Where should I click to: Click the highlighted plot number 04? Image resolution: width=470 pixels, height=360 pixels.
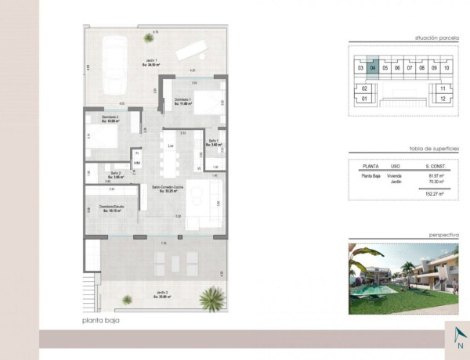(373, 68)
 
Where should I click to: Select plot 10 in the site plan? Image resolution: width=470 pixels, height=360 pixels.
(446, 68)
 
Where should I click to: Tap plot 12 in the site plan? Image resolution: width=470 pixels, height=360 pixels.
(443, 99)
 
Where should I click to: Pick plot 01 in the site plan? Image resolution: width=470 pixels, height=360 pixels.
(364, 99)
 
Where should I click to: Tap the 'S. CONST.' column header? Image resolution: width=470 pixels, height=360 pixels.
(436, 166)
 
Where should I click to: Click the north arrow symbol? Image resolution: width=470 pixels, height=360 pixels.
(458, 338)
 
